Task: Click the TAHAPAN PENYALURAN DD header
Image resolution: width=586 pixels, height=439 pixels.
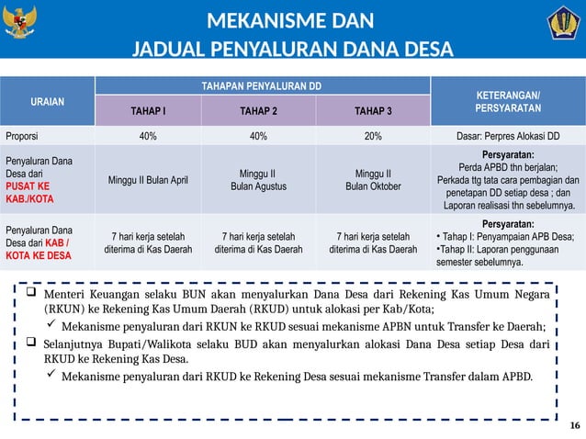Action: tap(262, 85)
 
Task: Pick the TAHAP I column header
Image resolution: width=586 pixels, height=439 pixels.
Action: tap(148, 112)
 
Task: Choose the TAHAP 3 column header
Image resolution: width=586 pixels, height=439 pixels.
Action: tap(372, 112)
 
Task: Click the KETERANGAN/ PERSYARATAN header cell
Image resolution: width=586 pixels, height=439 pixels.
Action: tap(507, 101)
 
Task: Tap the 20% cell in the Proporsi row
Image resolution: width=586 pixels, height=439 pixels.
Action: tap(373, 136)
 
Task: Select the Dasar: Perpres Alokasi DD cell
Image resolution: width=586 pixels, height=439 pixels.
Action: tap(508, 136)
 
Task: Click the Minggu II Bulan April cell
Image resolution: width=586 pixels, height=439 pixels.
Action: tap(148, 179)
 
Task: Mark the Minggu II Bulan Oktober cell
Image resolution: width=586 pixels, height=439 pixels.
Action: tap(373, 179)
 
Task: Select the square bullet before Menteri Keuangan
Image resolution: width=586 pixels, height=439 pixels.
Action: tap(30, 294)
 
